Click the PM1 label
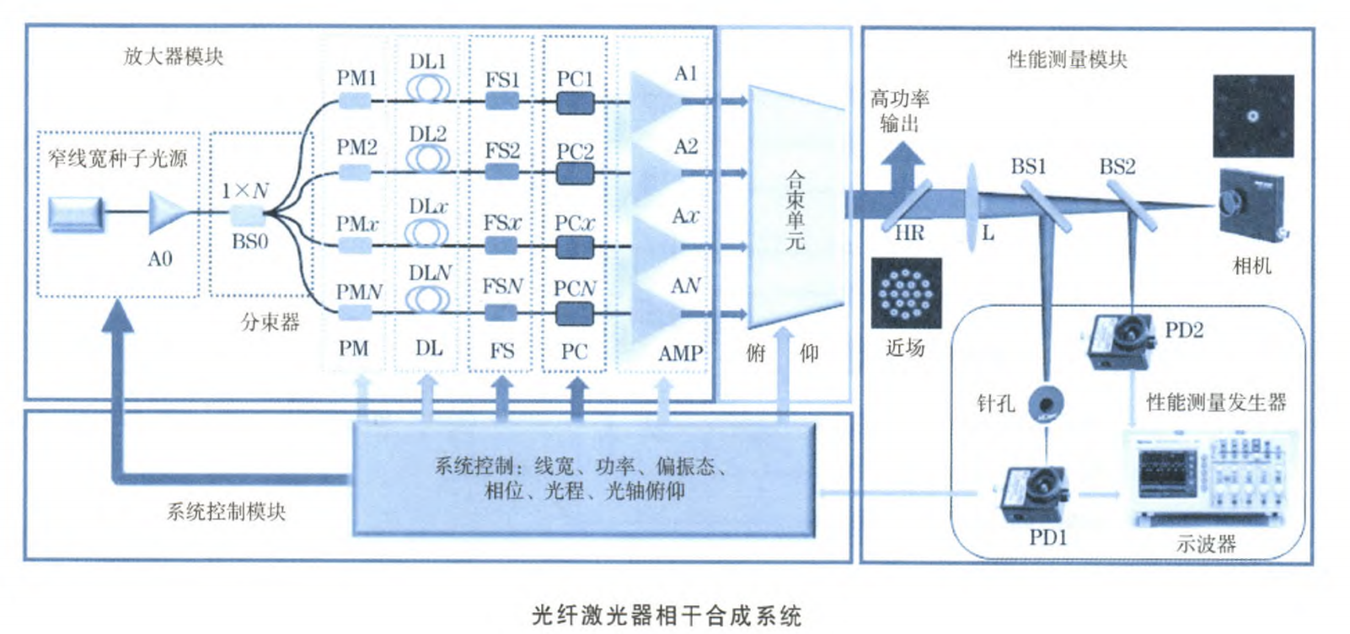[356, 78]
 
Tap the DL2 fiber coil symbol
[428, 158]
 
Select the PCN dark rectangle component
[575, 314]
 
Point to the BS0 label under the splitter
[249, 242]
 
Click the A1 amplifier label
[686, 73]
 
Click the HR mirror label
[909, 233]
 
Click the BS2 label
[1117, 167]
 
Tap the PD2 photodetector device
[1120, 342]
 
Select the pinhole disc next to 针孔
[1046, 403]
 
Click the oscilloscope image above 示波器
[1206, 479]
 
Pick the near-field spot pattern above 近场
[906, 293]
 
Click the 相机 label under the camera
[1251, 266]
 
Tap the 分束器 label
[270, 322]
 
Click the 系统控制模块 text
[226, 511]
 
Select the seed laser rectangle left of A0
[76, 213]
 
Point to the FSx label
[501, 223]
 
